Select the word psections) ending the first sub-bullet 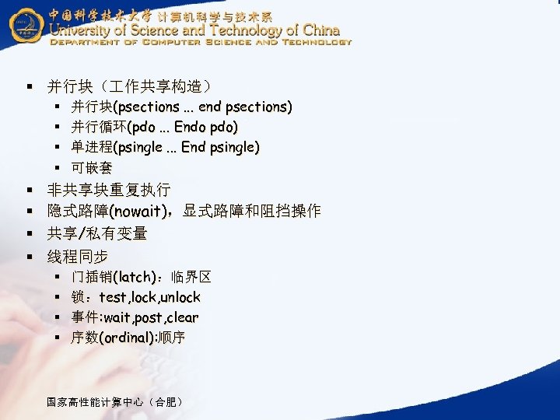tap(259, 107)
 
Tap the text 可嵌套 tap(92, 167)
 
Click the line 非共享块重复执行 tap(109, 190)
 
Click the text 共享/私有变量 tap(97, 233)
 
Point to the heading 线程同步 tap(78, 256)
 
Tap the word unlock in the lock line tap(180, 297)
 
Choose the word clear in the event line tap(183, 317)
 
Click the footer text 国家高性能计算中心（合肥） tap(116, 402)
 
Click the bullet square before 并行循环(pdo tap(59, 127)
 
